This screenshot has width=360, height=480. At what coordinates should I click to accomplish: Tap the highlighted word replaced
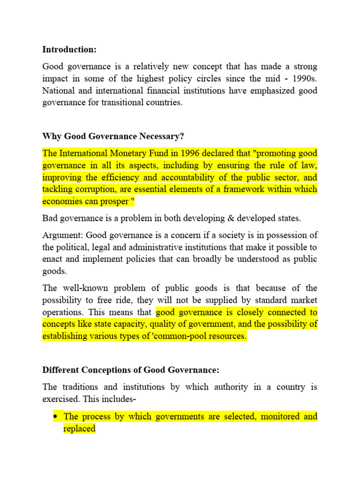(x=79, y=428)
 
